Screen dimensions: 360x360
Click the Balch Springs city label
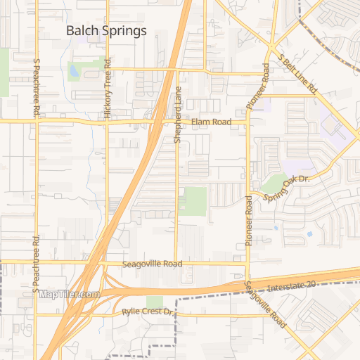click(x=106, y=30)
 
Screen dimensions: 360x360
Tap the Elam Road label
click(x=211, y=122)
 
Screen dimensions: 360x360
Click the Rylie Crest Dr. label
click(x=147, y=311)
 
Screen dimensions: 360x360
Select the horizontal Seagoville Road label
click(x=152, y=264)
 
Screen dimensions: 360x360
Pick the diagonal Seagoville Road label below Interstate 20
click(x=265, y=304)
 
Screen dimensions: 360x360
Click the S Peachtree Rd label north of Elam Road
click(x=35, y=88)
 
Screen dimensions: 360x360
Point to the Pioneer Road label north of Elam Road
click(x=257, y=86)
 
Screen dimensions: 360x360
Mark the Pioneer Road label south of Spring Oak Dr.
click(x=248, y=220)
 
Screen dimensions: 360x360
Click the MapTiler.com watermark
click(x=69, y=295)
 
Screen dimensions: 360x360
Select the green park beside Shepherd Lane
click(x=193, y=201)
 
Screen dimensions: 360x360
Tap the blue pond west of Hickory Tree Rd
click(x=74, y=70)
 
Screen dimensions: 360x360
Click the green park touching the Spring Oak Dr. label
click(x=274, y=182)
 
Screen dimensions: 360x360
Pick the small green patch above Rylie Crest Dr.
click(x=154, y=302)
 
